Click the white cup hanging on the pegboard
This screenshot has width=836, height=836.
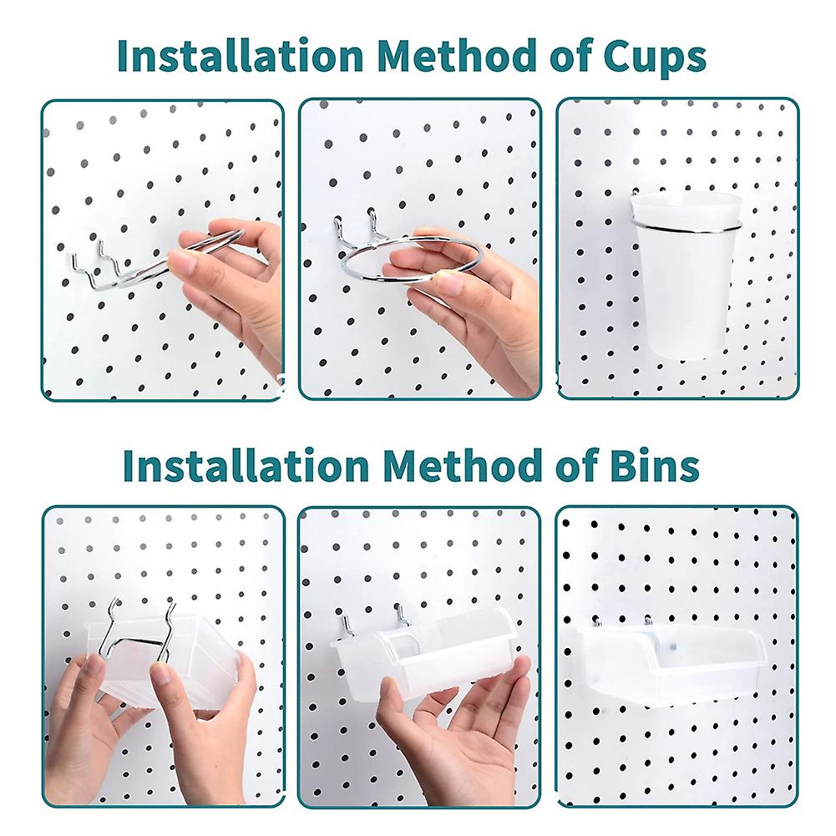[685, 284]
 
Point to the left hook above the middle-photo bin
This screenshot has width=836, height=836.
[344, 628]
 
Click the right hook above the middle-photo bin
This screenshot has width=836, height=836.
[402, 618]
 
